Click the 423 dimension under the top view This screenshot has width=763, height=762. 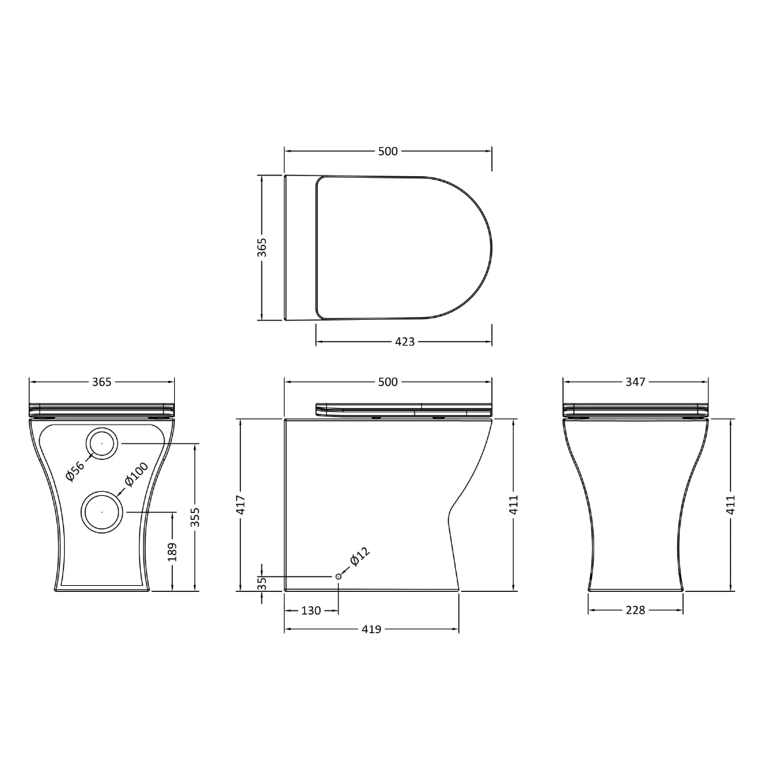[404, 342]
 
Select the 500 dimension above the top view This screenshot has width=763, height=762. [388, 151]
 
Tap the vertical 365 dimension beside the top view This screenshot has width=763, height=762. [262, 248]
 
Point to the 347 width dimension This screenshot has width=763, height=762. [636, 382]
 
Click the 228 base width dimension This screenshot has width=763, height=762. [636, 610]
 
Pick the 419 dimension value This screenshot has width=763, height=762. [371, 629]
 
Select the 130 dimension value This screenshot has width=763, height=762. [311, 610]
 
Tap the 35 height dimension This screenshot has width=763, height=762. [262, 583]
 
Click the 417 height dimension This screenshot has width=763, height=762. [241, 504]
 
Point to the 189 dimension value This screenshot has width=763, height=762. [172, 552]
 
